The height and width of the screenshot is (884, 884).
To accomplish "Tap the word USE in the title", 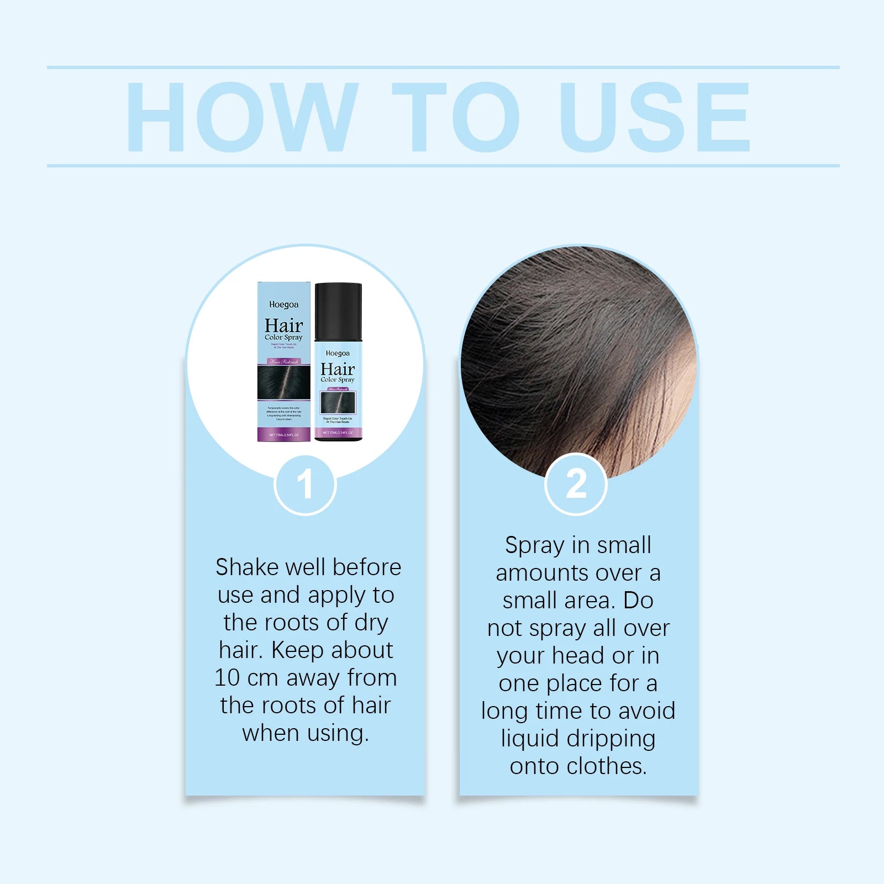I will (x=655, y=117).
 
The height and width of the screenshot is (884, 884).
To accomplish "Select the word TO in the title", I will (x=456, y=117).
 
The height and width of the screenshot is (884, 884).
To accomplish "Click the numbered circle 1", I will (x=305, y=485).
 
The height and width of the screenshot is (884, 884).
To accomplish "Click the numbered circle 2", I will (x=576, y=484).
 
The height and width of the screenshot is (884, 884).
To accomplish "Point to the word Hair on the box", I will (x=283, y=325).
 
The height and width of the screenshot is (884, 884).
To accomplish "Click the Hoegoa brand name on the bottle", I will (x=338, y=353).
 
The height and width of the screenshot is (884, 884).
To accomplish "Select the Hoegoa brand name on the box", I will (x=283, y=304).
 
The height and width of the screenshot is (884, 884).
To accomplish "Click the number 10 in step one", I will (x=227, y=678).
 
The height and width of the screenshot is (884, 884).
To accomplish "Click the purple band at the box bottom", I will (x=283, y=434).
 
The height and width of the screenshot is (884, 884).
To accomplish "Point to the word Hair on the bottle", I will (x=338, y=369).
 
